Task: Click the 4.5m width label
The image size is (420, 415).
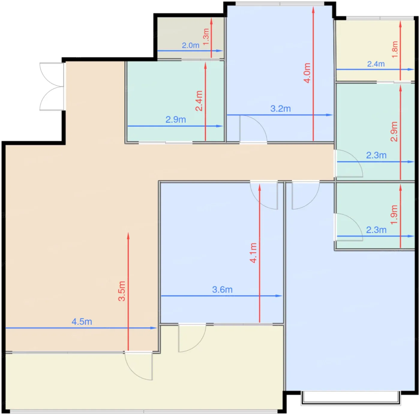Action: (82, 322)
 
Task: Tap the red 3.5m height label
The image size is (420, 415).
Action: (122, 291)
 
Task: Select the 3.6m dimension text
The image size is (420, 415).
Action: (222, 290)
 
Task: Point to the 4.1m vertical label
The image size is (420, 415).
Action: (253, 253)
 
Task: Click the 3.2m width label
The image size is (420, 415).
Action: (280, 109)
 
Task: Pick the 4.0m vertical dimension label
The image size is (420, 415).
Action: (307, 73)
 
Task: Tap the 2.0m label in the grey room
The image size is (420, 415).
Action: (190, 45)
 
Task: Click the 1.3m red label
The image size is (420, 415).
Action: (206, 37)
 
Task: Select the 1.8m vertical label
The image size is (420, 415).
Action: (395, 50)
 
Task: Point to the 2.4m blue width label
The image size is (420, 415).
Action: (376, 64)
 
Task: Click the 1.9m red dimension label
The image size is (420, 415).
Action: (394, 215)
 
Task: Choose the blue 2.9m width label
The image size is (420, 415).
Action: (176, 119)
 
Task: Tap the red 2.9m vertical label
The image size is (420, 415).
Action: (394, 131)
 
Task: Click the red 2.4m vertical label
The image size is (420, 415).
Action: (199, 101)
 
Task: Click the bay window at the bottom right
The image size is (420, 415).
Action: (351, 398)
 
